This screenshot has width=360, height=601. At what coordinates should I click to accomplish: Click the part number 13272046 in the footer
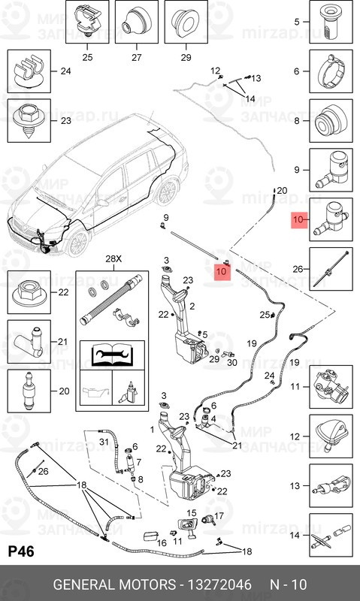click(x=219, y=584)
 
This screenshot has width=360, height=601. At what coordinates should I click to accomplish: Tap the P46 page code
click(x=21, y=551)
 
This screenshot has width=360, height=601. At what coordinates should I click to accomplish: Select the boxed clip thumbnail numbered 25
click(x=87, y=22)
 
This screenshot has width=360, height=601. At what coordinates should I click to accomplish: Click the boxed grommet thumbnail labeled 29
click(x=186, y=22)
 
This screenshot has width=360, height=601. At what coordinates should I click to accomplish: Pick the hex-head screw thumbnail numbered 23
click(x=29, y=120)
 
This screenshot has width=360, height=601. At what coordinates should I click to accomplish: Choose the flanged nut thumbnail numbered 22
click(x=29, y=292)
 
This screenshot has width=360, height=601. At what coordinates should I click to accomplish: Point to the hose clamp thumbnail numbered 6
click(x=331, y=71)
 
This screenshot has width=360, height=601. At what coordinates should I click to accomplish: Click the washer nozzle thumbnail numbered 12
click(x=331, y=436)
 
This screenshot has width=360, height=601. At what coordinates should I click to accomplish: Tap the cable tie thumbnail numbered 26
click(x=331, y=269)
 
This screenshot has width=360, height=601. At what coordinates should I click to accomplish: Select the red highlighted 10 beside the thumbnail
click(x=299, y=220)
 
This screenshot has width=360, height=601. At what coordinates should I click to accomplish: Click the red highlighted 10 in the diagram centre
click(x=222, y=271)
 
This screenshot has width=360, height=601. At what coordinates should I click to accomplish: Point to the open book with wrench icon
click(x=112, y=355)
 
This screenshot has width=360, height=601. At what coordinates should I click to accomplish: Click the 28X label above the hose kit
click(x=113, y=258)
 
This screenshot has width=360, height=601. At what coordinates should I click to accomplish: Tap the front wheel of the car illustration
click(x=78, y=243)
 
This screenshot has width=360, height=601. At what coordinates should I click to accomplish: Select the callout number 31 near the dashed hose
click(x=104, y=442)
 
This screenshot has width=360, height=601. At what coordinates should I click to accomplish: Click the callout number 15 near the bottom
click(x=192, y=513)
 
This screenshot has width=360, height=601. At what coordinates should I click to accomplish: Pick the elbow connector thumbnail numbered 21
click(x=29, y=342)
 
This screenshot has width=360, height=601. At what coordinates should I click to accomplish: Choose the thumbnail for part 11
click(x=331, y=387)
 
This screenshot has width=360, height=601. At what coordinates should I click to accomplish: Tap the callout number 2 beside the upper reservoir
click(x=192, y=307)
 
